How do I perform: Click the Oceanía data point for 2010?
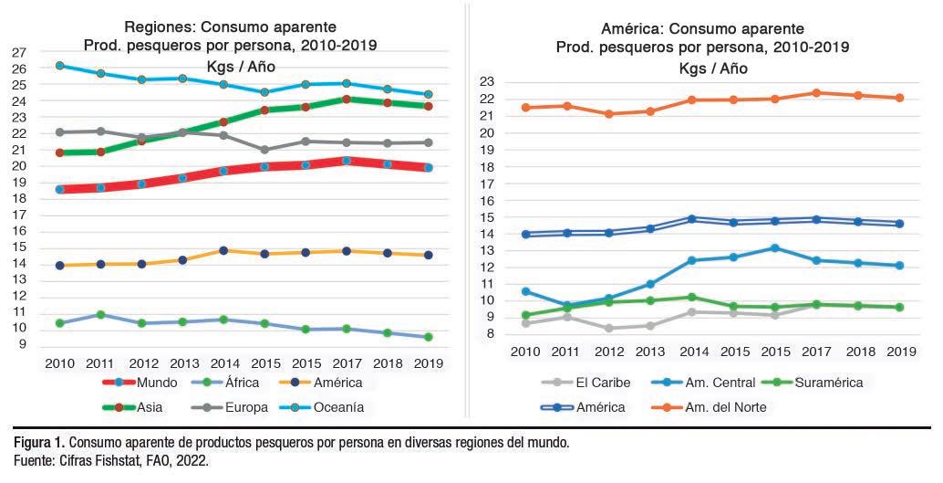click(60, 66)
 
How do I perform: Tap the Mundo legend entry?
click(137, 383)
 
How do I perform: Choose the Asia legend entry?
click(137, 407)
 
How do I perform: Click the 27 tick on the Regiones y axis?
click(19, 52)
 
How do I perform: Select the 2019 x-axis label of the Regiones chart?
click(427, 362)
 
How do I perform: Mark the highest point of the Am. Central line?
click(775, 247)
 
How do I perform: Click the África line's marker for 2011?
click(101, 314)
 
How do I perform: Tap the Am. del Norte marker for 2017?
click(816, 92)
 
